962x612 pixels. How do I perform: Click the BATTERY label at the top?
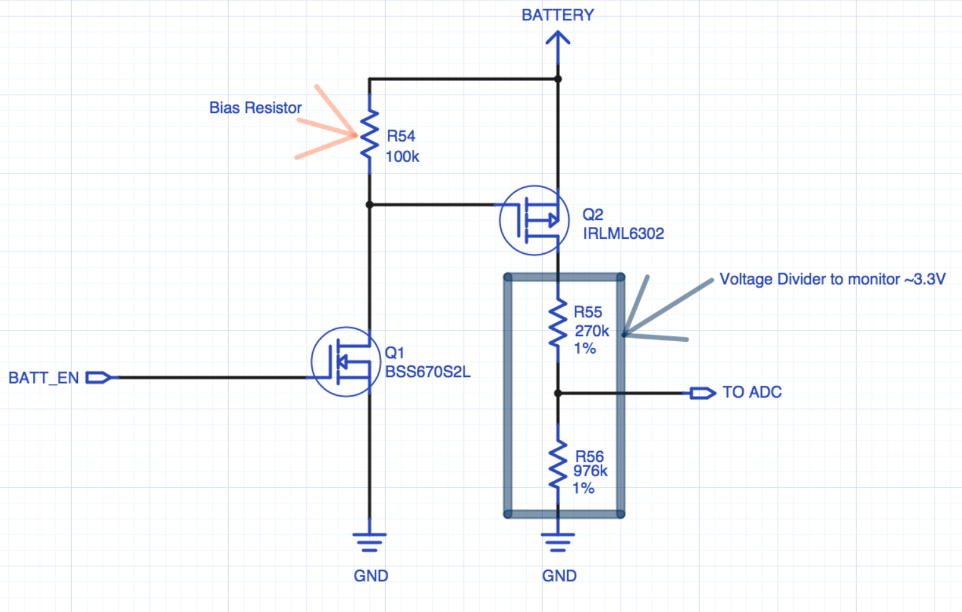558,15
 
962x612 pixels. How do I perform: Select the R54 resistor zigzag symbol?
369,134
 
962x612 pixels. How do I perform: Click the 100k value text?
402,157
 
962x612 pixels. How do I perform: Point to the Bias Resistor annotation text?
255,107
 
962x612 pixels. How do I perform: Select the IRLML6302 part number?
623,233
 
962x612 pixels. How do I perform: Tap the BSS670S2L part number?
428,372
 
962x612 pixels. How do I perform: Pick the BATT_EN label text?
44,378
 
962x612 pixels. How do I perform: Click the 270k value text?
592,331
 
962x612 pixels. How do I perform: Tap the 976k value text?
590,471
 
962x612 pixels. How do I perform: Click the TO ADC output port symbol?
702,393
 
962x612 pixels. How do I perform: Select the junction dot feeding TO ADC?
558,393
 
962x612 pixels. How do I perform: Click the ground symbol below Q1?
369,542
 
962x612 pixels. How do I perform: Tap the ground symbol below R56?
558,542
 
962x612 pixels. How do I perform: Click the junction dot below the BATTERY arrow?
558,79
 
